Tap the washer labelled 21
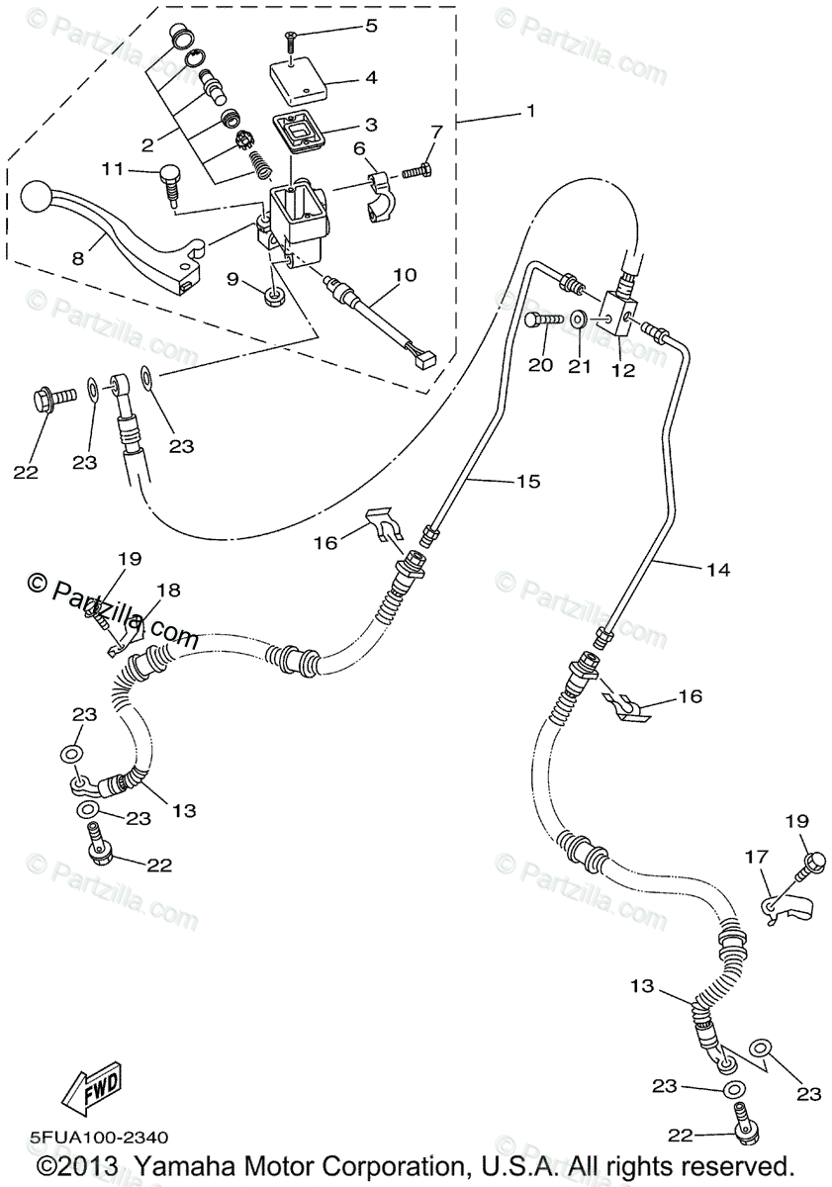tap(579, 321)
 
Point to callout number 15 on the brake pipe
tap(528, 482)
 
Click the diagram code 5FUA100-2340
tap(99, 1138)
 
